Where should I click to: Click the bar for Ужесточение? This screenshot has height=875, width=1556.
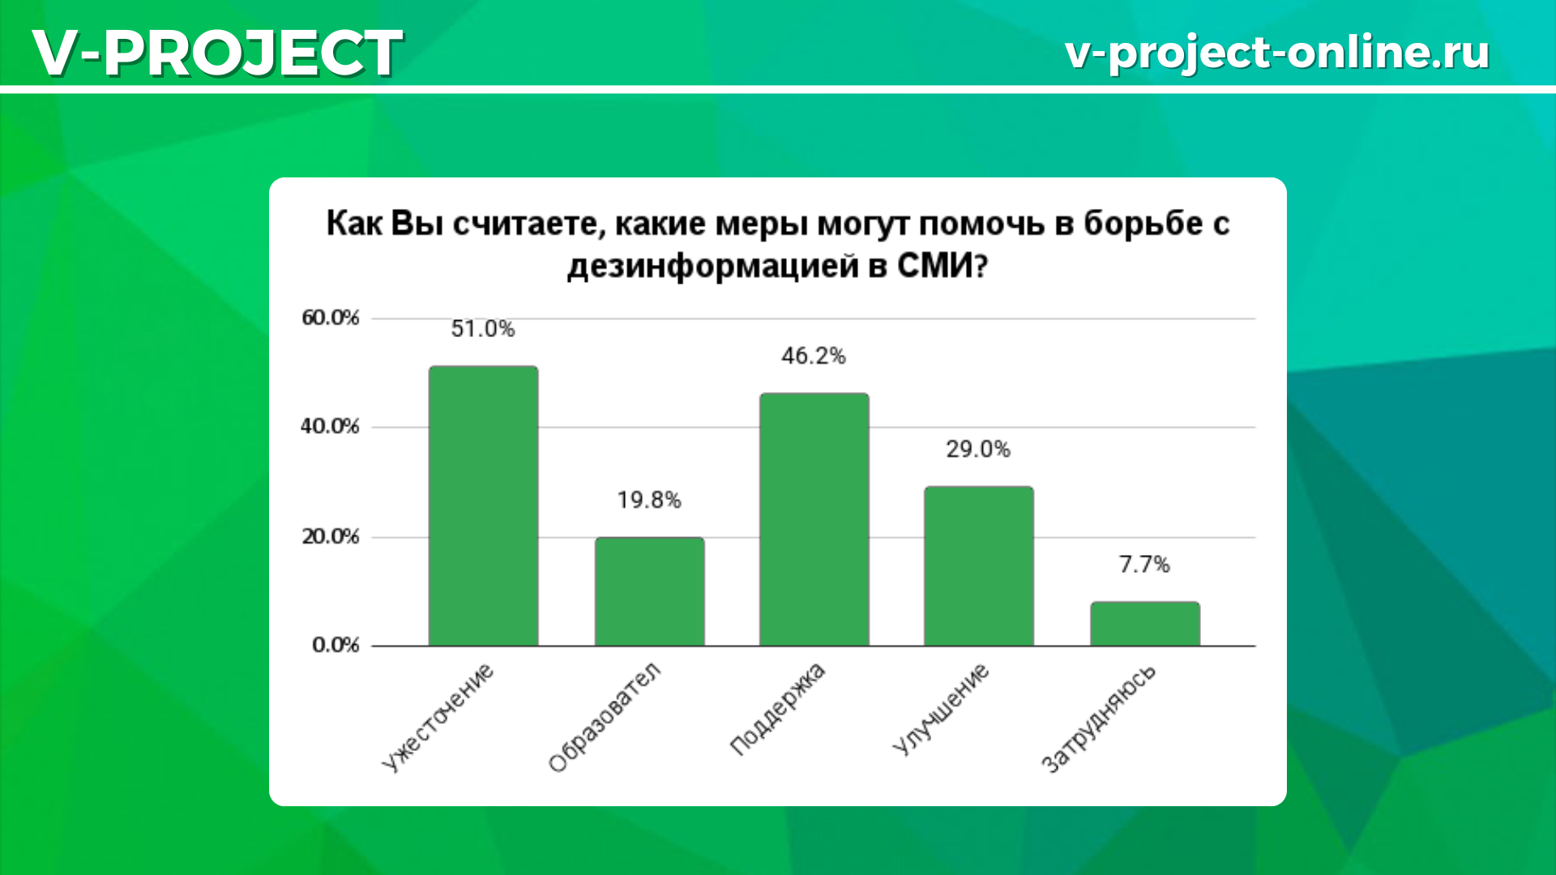pyautogui.click(x=483, y=506)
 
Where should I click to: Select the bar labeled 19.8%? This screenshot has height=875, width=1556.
pyautogui.click(x=649, y=591)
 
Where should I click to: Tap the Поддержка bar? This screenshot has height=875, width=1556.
pyautogui.click(x=814, y=519)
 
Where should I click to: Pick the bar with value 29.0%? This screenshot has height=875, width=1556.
pyautogui.click(x=979, y=566)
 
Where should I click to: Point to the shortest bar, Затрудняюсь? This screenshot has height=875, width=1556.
pyautogui.click(x=1144, y=624)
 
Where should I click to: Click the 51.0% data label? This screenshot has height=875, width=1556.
pyautogui.click(x=483, y=329)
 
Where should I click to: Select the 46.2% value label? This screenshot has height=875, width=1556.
pyautogui.click(x=814, y=356)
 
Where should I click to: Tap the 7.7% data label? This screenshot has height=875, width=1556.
pyautogui.click(x=1144, y=565)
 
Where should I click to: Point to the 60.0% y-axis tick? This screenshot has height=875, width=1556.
pyautogui.click(x=331, y=318)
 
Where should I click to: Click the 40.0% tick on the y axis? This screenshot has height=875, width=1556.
pyautogui.click(x=330, y=427)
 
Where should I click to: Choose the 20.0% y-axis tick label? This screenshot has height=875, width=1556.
pyautogui.click(x=331, y=537)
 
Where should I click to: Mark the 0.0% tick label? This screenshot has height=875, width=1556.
pyautogui.click(x=336, y=646)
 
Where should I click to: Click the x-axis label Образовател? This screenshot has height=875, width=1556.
pyautogui.click(x=605, y=717)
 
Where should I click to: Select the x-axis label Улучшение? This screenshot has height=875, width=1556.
pyautogui.click(x=941, y=710)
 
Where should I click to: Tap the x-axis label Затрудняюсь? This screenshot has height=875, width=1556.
pyautogui.click(x=1098, y=719)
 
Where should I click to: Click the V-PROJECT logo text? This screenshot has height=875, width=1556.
pyautogui.click(x=217, y=53)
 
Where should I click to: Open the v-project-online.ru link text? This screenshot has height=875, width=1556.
pyautogui.click(x=1277, y=52)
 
